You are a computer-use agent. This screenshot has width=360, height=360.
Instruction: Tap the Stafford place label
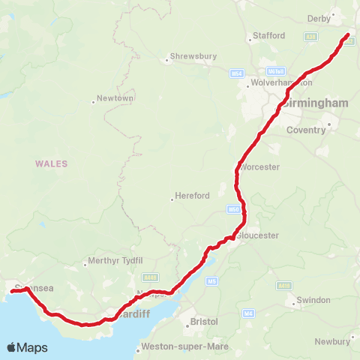tap(270, 35)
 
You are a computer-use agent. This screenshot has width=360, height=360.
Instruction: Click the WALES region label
tap(51, 163)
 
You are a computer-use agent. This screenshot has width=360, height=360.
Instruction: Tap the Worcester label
tap(260, 166)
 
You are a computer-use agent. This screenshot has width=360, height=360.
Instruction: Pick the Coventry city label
tap(306, 130)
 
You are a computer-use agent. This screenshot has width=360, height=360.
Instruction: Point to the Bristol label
tap(203, 321)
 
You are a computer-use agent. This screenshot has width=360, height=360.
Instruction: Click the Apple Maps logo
tap(27, 347)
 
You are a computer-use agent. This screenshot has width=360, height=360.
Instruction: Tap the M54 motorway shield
tap(237, 73)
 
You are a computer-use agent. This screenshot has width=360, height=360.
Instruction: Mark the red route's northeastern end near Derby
tap(348, 35)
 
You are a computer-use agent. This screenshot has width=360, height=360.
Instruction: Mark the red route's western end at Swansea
tap(10, 292)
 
